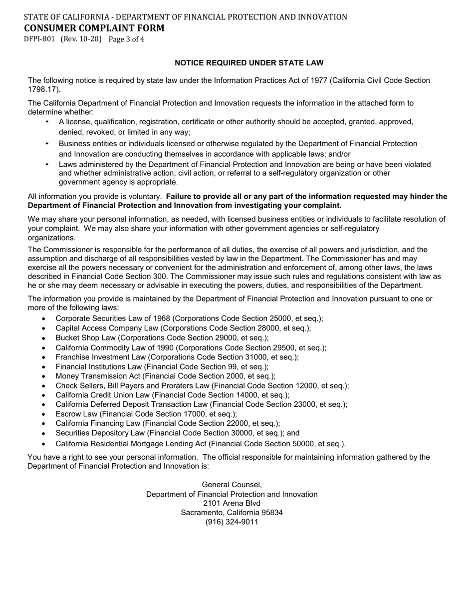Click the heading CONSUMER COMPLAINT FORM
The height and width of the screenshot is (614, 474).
click(x=94, y=28)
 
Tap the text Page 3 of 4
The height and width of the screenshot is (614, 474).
click(x=126, y=39)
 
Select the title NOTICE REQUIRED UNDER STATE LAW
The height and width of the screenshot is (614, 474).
click(x=249, y=63)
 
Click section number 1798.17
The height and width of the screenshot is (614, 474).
click(x=43, y=89)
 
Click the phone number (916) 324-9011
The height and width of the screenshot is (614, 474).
click(x=232, y=522)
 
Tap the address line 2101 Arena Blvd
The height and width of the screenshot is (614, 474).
click(x=232, y=503)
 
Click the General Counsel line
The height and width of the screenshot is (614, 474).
click(x=232, y=485)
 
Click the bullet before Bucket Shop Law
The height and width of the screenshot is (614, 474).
click(x=44, y=338)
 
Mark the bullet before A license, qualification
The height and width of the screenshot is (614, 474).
click(x=47, y=122)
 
